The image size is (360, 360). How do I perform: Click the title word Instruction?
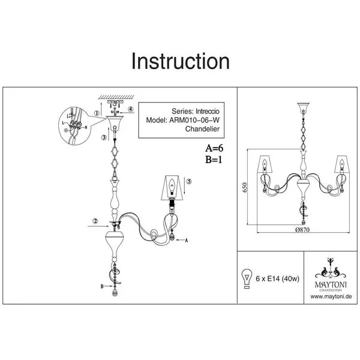180,61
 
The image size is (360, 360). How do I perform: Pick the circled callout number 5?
188,181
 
